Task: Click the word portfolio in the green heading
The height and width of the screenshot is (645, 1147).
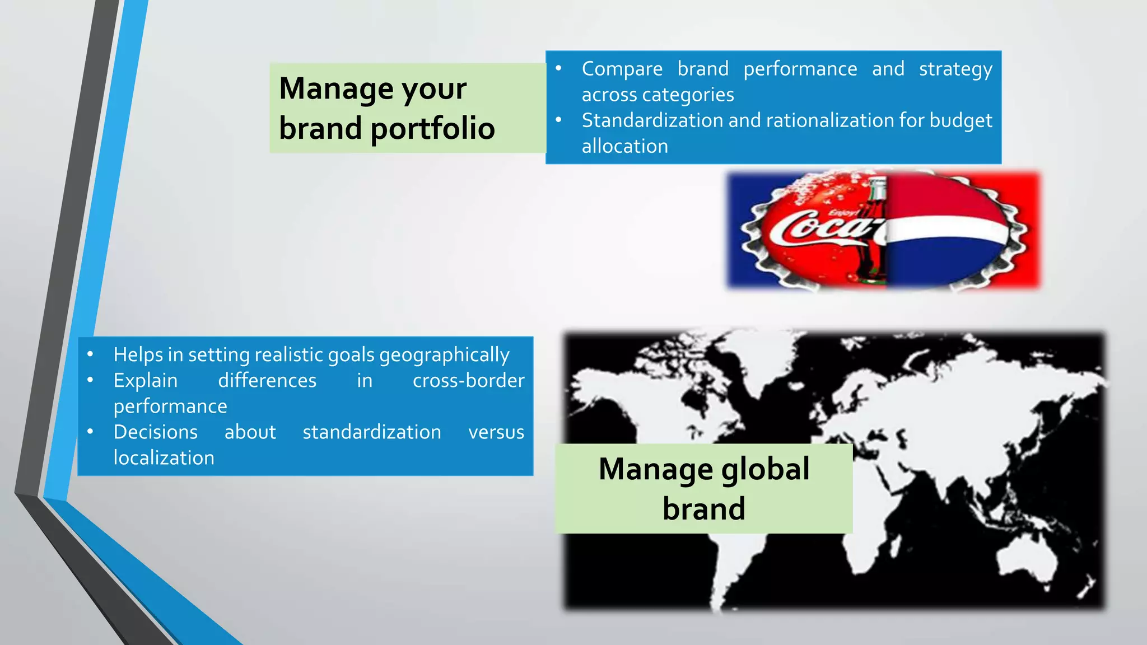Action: coord(432,128)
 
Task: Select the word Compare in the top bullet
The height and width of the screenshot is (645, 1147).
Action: coord(622,69)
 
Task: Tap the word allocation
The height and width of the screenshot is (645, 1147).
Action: coord(624,146)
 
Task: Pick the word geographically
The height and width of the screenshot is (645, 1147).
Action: coord(444,355)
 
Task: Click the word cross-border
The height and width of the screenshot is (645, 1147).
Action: coord(468,381)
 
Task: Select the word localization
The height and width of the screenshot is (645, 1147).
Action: coord(164,458)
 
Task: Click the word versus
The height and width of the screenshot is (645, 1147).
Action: coord(496,432)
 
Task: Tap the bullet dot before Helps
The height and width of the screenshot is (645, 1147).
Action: coord(90,354)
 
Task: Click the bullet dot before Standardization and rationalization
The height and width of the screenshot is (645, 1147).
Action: coord(558,120)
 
